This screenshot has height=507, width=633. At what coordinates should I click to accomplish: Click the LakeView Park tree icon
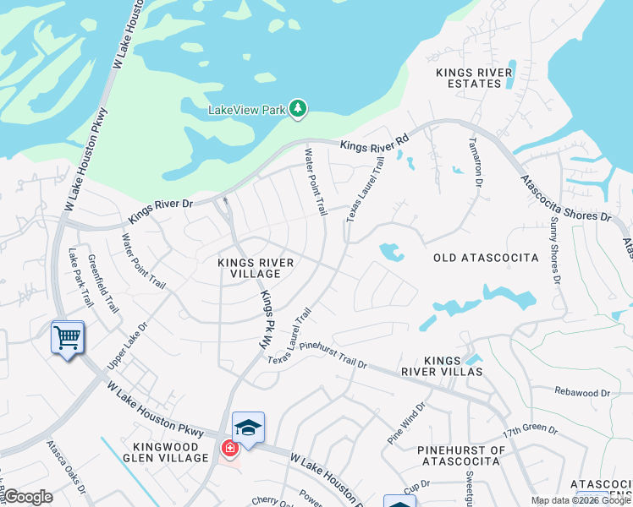(297, 108)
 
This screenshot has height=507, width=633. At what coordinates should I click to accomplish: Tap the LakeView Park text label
(248, 110)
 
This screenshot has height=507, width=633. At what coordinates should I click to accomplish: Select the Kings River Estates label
(474, 78)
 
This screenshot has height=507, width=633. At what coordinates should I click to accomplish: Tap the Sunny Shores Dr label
(555, 248)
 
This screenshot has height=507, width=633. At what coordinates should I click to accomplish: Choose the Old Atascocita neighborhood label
(486, 256)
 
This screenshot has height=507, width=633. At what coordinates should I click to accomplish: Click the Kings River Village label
(256, 268)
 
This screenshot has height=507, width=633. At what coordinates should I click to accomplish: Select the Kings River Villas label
(454, 365)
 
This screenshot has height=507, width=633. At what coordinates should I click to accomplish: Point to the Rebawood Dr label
(581, 393)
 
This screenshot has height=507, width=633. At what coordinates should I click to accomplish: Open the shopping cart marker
(68, 338)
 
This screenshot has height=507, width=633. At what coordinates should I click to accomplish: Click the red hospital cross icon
(229, 449)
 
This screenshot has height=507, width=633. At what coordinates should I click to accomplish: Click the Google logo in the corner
(28, 497)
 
